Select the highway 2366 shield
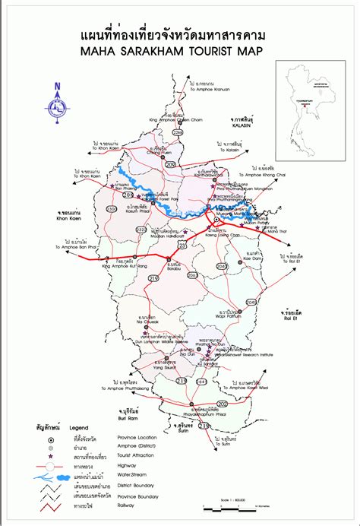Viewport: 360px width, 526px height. pyautogui.click(x=178, y=133)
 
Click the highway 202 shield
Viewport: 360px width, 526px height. pyautogui.click(x=222, y=404)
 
